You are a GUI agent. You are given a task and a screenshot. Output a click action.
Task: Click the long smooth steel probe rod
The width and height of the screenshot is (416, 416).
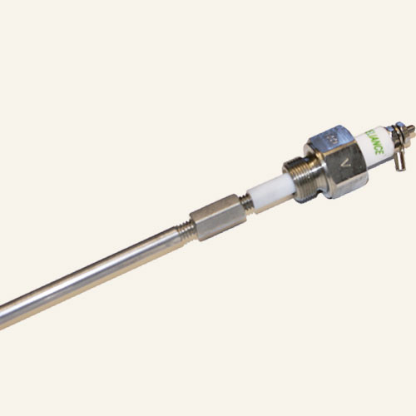92,275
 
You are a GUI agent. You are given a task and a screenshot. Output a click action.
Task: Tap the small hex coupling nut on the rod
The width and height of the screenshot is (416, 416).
214,219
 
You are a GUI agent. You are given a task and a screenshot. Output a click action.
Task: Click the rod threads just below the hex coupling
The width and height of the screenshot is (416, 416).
188,232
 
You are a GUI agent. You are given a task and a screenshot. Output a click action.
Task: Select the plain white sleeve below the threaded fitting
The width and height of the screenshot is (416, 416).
269,192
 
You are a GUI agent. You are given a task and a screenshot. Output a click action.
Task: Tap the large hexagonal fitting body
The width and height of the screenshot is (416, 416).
337,163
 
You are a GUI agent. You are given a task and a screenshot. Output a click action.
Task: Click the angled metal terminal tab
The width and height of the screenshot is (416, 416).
400,156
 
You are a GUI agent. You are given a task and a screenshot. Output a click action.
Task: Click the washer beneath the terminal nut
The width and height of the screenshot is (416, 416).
396,135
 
